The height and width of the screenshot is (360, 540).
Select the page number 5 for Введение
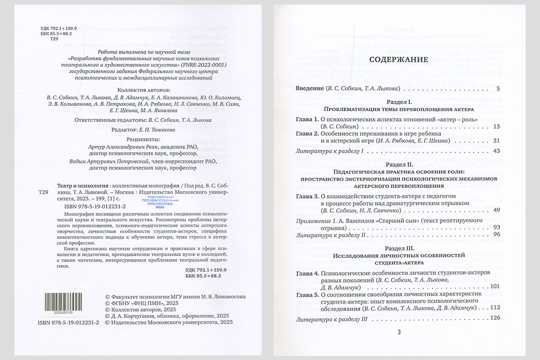click(x=498, y=89)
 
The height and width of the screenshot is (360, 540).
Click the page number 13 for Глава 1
click(x=496, y=127)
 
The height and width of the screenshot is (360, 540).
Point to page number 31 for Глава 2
click(x=496, y=141)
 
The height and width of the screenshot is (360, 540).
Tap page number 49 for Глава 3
click(x=496, y=210)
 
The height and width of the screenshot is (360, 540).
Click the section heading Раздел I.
click(x=399, y=102)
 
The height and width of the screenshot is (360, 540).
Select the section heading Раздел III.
click(x=399, y=248)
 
